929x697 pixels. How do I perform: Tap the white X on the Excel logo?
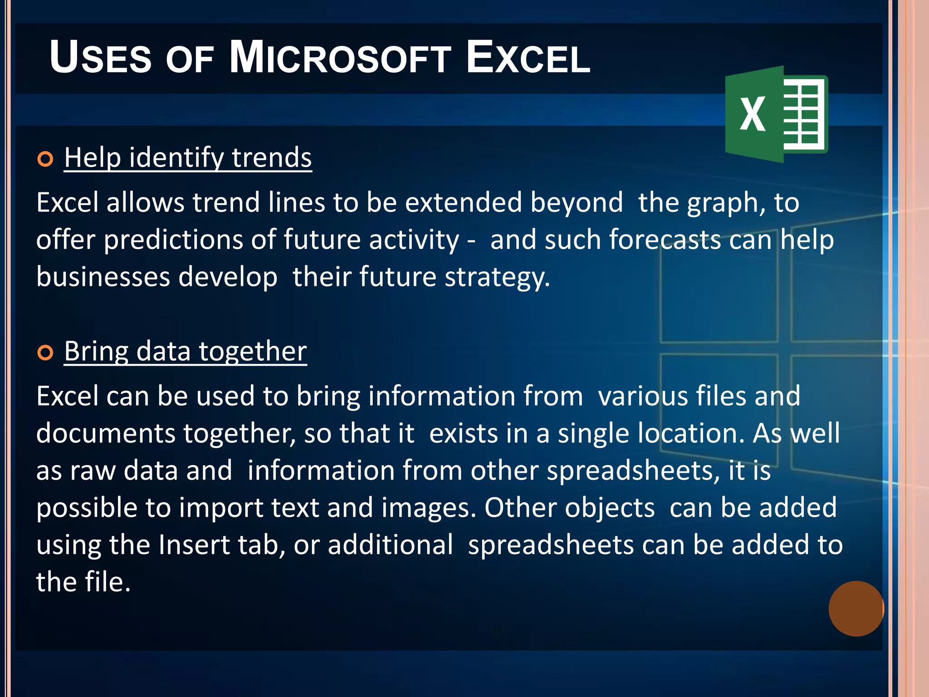[753, 114]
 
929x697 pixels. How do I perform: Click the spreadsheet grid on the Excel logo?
[802, 114]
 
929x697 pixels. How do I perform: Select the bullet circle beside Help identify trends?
[45, 159]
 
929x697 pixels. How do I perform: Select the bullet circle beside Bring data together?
[45, 353]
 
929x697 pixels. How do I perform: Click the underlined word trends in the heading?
[271, 157]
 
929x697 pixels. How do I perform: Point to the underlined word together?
[252, 351]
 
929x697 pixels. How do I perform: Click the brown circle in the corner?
[856, 609]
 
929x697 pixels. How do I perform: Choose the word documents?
[105, 433]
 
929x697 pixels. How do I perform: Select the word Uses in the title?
[100, 58]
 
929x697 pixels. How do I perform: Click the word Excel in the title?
[528, 58]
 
